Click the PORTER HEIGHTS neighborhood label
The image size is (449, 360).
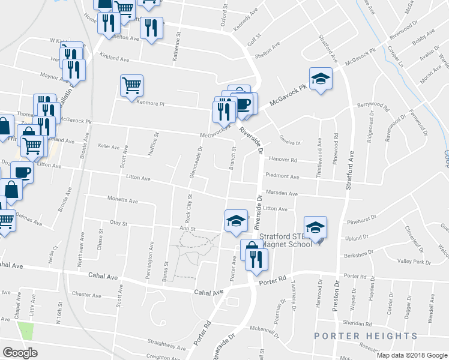tap(366, 336)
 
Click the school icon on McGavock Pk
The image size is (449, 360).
tap(321, 79)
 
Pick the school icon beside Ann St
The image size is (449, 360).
tap(236, 221)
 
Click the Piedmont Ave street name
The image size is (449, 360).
tap(286, 177)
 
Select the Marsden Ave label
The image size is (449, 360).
tap(285, 194)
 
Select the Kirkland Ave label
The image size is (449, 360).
tap(115, 59)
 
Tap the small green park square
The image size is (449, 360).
tap(26, 331)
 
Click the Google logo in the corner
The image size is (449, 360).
tap(20, 352)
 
